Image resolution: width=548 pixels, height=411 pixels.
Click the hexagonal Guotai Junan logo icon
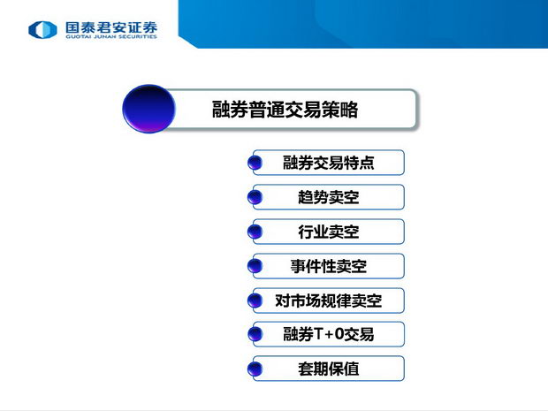42,29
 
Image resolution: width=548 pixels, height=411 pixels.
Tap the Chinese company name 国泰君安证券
111,27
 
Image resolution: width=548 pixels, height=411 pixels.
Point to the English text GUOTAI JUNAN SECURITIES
111,36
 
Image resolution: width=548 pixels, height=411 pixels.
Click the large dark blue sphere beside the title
148,109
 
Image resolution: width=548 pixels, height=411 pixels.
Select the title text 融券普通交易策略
285,110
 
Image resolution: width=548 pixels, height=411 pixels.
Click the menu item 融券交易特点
328,163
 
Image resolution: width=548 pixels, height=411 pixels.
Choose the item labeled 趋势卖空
328,197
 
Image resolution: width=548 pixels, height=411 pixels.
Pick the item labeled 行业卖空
328,232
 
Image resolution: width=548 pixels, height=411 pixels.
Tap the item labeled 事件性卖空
328,266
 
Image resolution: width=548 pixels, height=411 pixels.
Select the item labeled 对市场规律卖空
328,301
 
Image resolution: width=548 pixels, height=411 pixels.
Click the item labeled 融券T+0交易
328,334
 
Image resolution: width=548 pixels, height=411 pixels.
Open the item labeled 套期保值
328,369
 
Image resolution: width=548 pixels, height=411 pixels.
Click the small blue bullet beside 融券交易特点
255,163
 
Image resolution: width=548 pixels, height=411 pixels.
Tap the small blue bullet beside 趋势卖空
255,197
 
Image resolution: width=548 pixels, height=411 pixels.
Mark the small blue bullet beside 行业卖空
255,232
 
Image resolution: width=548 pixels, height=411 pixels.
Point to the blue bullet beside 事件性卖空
255,266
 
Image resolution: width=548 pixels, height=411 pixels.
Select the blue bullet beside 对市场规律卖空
255,301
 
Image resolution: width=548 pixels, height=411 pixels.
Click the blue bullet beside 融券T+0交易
255,334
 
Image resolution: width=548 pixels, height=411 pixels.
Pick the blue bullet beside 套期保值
255,369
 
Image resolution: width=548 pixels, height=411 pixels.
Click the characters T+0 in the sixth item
329,334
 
